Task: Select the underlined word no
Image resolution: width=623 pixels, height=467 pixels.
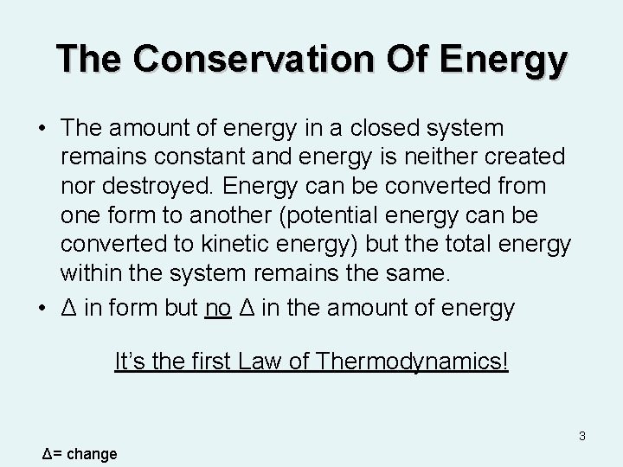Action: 217,307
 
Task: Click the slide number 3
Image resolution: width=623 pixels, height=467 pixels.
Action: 582,436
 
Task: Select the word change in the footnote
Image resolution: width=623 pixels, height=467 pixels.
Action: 92,454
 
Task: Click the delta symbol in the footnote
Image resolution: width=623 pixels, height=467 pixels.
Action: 48,454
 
